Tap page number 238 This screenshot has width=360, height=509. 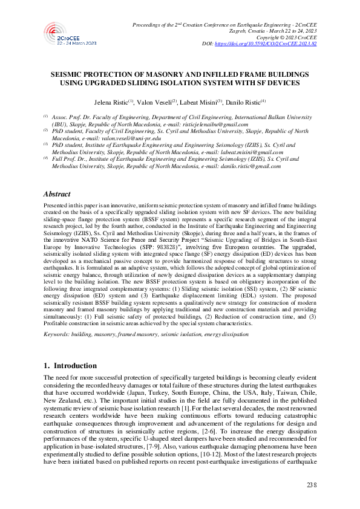pos(312,485)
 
